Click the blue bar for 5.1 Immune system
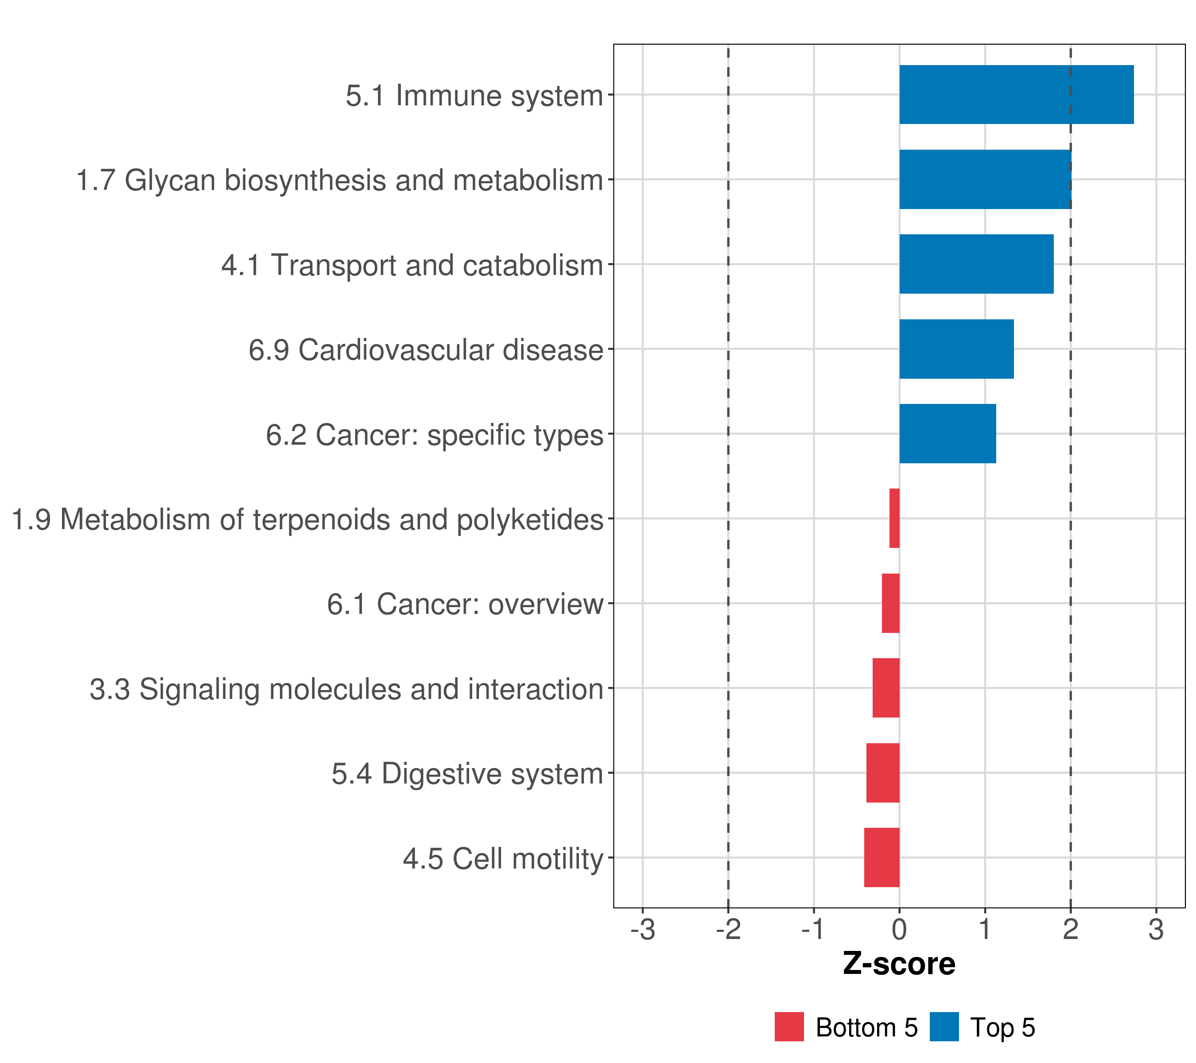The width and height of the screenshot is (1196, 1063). point(1016,95)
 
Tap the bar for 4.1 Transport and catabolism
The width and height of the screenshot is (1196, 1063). point(977,264)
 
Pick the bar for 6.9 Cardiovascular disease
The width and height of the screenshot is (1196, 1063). point(957,349)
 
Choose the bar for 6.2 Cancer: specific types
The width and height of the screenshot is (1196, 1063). point(948,434)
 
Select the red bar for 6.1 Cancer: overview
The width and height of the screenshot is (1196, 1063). point(890,603)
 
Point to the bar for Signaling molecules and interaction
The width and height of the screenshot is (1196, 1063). point(886,688)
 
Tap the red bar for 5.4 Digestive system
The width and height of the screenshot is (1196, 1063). point(883,773)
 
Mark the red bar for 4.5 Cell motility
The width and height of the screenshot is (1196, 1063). point(882,857)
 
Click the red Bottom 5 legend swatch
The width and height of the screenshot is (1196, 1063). point(789,1027)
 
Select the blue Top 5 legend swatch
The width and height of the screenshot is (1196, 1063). point(944,1027)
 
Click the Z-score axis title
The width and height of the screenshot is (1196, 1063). point(899,963)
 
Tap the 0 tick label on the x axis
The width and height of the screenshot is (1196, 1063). point(899,930)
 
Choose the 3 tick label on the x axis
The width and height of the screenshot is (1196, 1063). point(1156,930)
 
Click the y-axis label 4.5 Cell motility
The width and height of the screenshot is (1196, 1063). point(503,859)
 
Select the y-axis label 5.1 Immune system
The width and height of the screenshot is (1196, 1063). point(474,96)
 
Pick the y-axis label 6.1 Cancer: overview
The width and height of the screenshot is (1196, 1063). point(465,604)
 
